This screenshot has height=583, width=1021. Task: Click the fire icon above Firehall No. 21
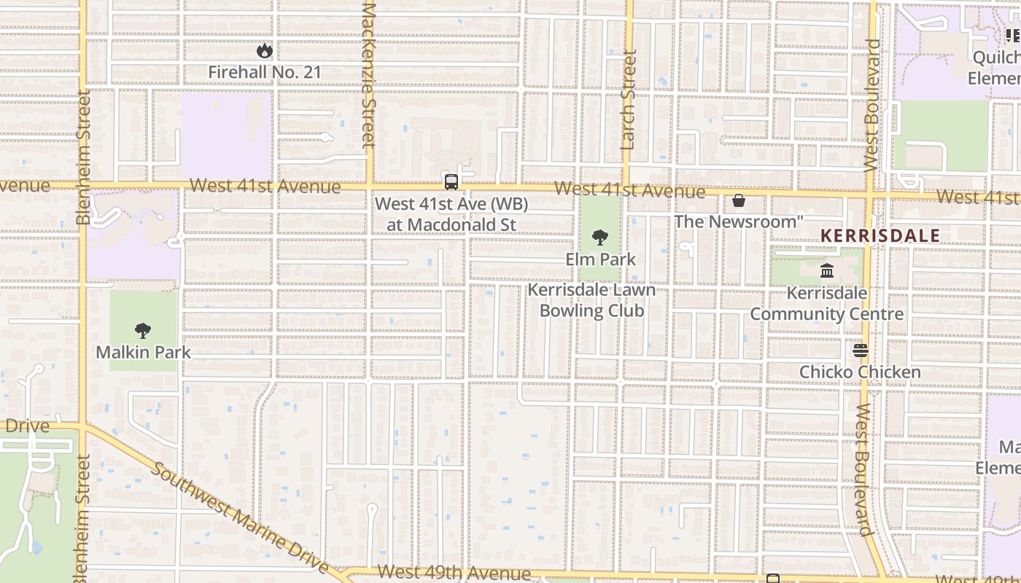point(264,51)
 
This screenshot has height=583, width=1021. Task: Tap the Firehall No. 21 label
point(264,72)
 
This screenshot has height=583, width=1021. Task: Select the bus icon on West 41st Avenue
point(451,182)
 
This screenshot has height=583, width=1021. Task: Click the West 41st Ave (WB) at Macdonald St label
point(451,214)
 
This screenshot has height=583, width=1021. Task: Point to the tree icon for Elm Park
point(600,237)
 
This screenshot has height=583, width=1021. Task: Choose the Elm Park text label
point(600,259)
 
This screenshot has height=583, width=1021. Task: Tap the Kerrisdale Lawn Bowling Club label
point(591,300)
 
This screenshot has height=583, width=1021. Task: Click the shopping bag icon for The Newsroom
point(739,200)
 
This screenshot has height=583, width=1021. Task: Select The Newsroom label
point(738,221)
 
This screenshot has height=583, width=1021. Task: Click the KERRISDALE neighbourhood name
point(880,235)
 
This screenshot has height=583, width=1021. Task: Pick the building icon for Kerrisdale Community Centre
point(827,271)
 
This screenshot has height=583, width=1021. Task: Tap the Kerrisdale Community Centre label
point(827,304)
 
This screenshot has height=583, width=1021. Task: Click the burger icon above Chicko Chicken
point(861,351)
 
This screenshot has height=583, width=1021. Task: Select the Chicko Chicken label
point(860,372)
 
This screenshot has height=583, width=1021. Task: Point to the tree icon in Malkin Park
point(143,331)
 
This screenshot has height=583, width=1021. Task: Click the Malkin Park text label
point(143,353)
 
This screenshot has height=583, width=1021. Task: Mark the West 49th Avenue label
point(454,574)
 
